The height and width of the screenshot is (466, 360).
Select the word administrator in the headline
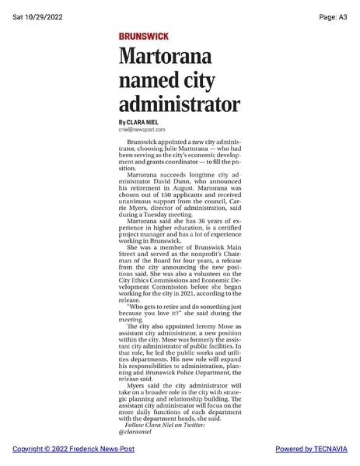[x=179, y=103]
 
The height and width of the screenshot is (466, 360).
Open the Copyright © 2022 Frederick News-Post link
[x=73, y=450]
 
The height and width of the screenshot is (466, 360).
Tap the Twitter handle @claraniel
[x=137, y=430]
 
